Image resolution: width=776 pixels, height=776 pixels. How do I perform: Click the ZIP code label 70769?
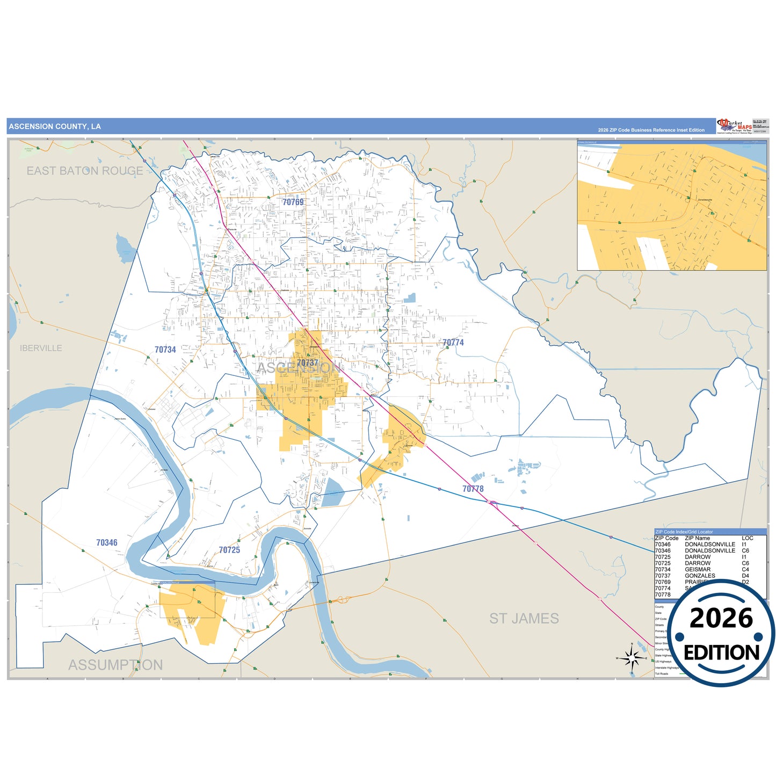click(x=293, y=202)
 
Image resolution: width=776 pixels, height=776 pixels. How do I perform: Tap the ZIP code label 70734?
click(x=165, y=350)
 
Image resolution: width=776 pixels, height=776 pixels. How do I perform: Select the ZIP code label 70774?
click(x=453, y=343)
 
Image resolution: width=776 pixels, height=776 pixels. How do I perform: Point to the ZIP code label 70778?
click(x=473, y=489)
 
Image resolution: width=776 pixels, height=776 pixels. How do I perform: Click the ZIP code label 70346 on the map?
click(x=107, y=543)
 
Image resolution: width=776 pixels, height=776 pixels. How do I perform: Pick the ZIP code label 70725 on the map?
click(x=229, y=550)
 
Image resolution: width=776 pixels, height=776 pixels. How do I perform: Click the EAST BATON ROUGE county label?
click(x=85, y=171)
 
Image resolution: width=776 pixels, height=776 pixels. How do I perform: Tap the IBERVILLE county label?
click(x=41, y=348)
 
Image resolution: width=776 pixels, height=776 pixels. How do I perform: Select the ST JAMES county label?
click(x=524, y=619)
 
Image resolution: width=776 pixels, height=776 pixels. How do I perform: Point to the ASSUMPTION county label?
click(x=115, y=665)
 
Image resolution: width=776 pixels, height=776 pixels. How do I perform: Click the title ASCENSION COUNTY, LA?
click(x=55, y=127)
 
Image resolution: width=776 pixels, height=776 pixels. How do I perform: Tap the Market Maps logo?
click(x=734, y=126)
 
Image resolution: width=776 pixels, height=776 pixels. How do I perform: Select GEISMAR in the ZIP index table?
click(x=698, y=569)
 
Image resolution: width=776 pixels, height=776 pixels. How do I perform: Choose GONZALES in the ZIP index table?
click(x=700, y=576)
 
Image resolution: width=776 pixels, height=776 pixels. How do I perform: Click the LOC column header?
click(x=747, y=538)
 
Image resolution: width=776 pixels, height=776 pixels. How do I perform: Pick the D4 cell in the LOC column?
click(x=745, y=576)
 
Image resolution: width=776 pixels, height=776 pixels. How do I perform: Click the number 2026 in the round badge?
click(x=721, y=618)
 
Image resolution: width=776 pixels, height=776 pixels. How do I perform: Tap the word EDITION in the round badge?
click(x=721, y=652)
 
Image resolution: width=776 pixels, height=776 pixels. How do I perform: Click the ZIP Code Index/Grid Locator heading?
click(x=684, y=532)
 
